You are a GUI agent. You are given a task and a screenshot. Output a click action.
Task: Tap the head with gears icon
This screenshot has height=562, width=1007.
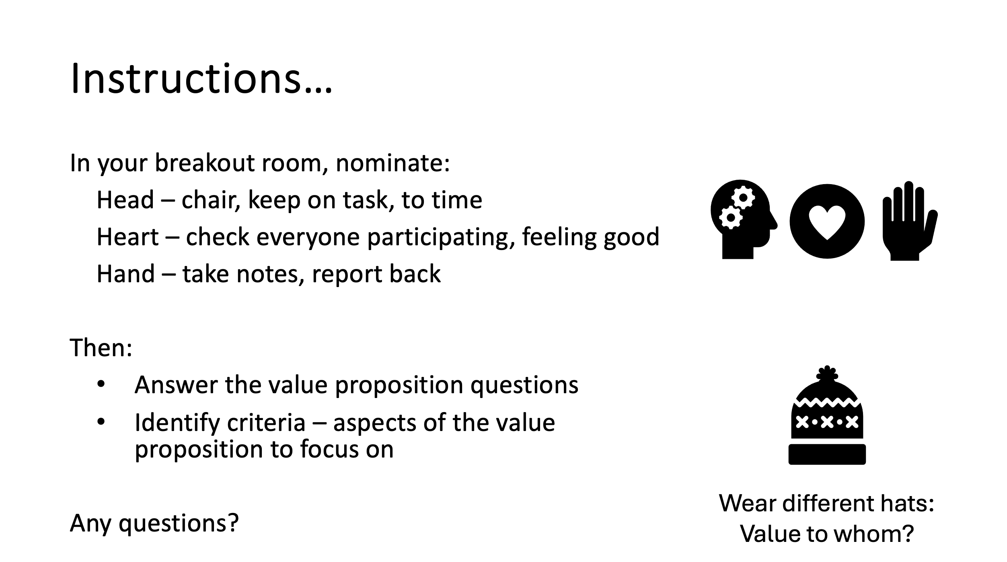pyautogui.click(x=744, y=219)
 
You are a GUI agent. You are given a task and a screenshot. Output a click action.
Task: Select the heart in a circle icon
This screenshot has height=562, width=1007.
pyautogui.click(x=827, y=221)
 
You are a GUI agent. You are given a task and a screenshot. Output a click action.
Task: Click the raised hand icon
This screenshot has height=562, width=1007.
pyautogui.click(x=910, y=221)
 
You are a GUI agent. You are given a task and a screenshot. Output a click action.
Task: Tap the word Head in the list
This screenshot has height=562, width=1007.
pyautogui.click(x=125, y=200)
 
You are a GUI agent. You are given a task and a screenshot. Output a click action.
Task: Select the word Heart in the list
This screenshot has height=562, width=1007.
pyautogui.click(x=128, y=237)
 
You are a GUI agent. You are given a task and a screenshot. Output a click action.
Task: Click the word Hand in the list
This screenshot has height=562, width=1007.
pyautogui.click(x=126, y=274)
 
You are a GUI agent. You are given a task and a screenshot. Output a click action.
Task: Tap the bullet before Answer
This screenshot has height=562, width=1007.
pyautogui.click(x=101, y=385)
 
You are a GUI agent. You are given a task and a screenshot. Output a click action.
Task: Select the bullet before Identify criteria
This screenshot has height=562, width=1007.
pyautogui.click(x=101, y=422)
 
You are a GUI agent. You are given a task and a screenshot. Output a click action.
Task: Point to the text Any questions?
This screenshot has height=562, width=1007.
pyautogui.click(x=154, y=523)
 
